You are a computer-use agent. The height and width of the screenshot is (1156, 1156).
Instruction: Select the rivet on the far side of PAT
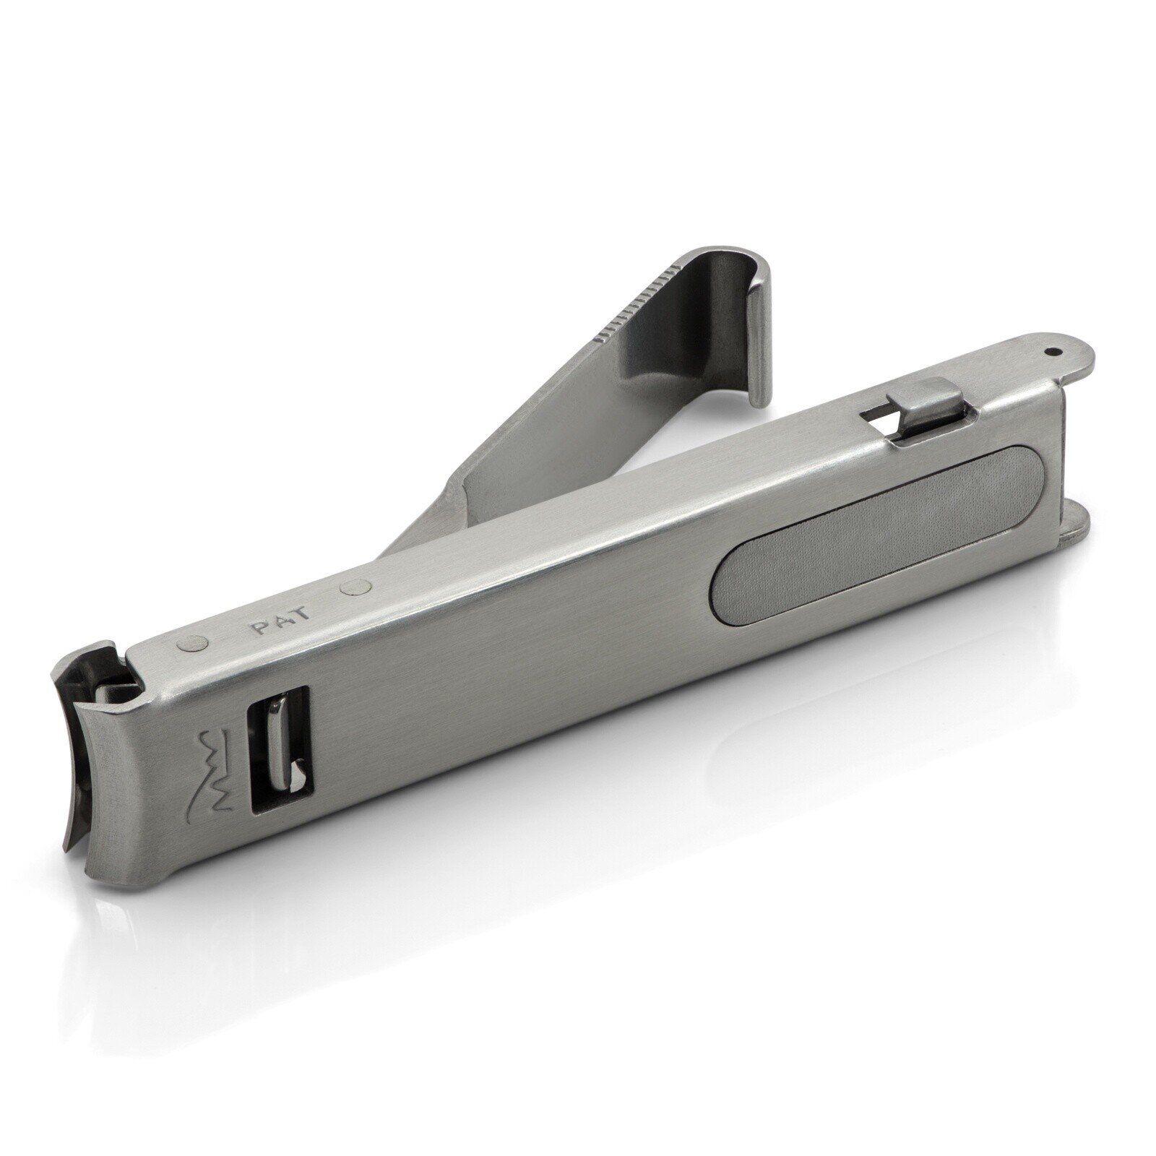click(356, 587)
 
